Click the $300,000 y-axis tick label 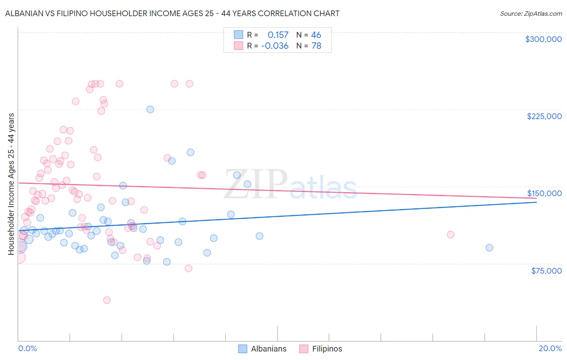tap(543, 39)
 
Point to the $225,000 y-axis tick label tap(544, 116)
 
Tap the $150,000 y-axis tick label tap(544, 193)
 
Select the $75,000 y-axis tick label tap(546, 271)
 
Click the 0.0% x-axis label tap(27, 348)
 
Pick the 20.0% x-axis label tap(550, 348)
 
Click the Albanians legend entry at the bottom tap(268, 349)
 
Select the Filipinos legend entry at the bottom tap(327, 349)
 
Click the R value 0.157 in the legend tap(278, 35)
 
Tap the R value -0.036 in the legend tap(275, 46)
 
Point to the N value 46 tap(316, 35)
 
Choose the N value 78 tap(316, 46)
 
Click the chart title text tap(172, 13)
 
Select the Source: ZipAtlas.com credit tap(531, 14)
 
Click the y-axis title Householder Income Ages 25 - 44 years tap(11, 184)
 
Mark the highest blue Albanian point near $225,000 tap(150, 109)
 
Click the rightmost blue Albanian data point tap(489, 248)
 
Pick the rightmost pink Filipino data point tap(450, 234)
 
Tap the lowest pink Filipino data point tap(107, 300)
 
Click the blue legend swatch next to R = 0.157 tap(238, 35)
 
